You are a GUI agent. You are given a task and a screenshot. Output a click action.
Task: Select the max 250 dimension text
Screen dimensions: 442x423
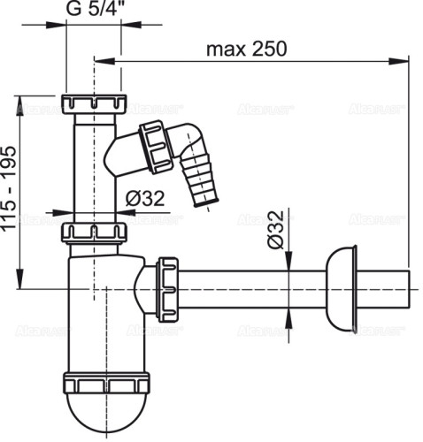247,49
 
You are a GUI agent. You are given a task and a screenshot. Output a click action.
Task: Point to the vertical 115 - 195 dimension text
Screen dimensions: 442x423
9,191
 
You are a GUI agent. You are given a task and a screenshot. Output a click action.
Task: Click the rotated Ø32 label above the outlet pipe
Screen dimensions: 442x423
275,232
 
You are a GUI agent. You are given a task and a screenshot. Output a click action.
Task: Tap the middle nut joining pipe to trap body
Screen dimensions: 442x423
96,233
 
